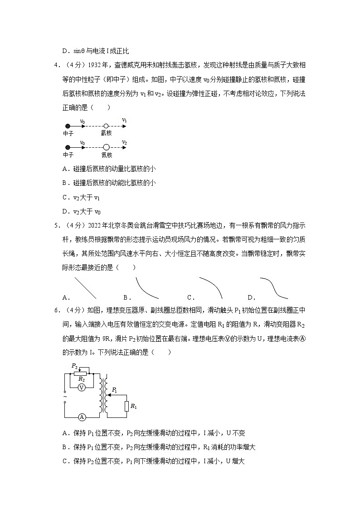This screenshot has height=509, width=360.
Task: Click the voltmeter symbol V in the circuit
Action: click(82, 388)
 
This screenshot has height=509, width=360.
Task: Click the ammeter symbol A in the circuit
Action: click(82, 417)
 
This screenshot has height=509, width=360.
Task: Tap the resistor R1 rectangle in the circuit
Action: click(126, 406)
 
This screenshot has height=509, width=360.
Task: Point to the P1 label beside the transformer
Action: click(114, 389)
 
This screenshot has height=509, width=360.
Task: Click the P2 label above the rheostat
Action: click(74, 365)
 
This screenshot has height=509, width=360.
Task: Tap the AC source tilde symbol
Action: click(65, 397)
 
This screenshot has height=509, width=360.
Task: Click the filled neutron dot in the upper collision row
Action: click(68, 126)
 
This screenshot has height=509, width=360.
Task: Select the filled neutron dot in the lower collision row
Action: click(68, 147)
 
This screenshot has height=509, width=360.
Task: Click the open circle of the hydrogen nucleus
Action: click(106, 126)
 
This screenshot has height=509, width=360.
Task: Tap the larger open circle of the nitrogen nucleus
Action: click(106, 147)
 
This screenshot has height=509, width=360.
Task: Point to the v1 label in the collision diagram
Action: click(124, 121)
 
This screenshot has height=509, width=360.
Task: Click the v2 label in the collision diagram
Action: click(124, 142)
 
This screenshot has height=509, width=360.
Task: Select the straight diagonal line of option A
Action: click(85, 288)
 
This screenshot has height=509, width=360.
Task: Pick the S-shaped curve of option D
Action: click(273, 288)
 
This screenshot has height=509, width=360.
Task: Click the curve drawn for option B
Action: click(146, 289)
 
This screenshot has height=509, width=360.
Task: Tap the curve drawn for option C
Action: click(210, 286)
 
